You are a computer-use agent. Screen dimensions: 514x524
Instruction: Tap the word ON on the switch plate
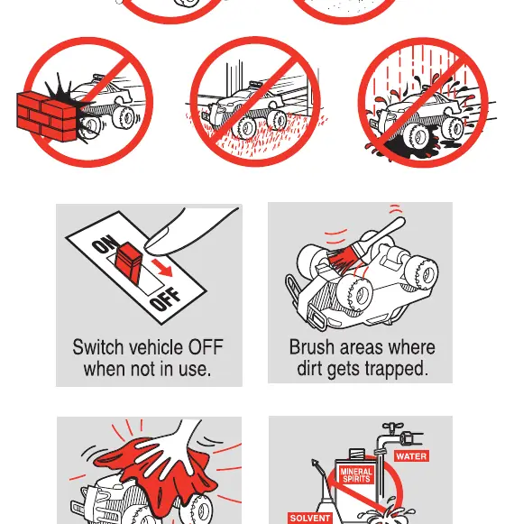106,244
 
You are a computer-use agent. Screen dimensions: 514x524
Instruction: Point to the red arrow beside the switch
161,267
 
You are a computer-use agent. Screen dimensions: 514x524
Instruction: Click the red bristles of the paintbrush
342,261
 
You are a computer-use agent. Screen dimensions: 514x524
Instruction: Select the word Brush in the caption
314,347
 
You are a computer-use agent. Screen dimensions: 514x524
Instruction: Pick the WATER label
411,456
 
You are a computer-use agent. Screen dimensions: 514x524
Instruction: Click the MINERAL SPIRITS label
356,475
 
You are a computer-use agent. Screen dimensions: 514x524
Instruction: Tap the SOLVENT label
309,519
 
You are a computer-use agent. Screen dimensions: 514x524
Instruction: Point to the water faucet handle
392,427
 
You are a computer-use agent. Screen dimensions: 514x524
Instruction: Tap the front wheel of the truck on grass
245,127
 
